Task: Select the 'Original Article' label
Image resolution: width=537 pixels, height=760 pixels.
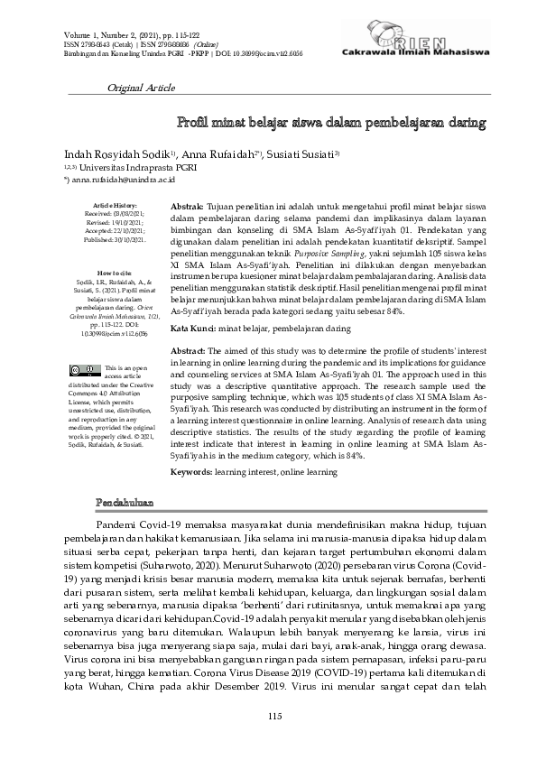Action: [141, 88]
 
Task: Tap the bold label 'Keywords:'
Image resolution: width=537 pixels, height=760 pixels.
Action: [191, 472]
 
